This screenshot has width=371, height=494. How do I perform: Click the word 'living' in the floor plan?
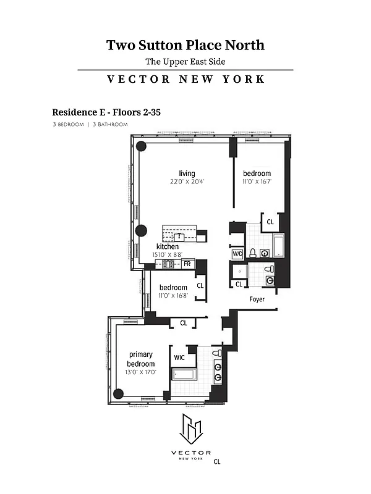pyautogui.click(x=187, y=174)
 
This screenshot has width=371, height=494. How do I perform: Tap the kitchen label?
pyautogui.click(x=167, y=246)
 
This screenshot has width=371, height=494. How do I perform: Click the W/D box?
pyautogui.click(x=237, y=254)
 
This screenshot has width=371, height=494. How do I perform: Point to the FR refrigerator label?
pyautogui.click(x=187, y=264)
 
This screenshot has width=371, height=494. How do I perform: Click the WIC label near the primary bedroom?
pyautogui.click(x=179, y=357)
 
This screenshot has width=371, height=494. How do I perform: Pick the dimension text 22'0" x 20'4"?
pyautogui.click(x=187, y=182)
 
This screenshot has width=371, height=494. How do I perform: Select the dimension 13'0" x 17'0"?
pyautogui.click(x=141, y=372)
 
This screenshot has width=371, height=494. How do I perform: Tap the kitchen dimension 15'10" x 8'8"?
pyautogui.click(x=167, y=254)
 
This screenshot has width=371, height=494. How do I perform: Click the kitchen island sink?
pyautogui.click(x=179, y=235)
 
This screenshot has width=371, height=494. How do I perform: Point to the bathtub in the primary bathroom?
pyautogui.click(x=184, y=374)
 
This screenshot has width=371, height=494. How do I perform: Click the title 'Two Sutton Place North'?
pyautogui.click(x=185, y=45)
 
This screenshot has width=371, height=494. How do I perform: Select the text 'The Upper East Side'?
pyautogui.click(x=185, y=61)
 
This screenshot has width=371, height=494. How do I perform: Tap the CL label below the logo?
pyautogui.click(x=216, y=461)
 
